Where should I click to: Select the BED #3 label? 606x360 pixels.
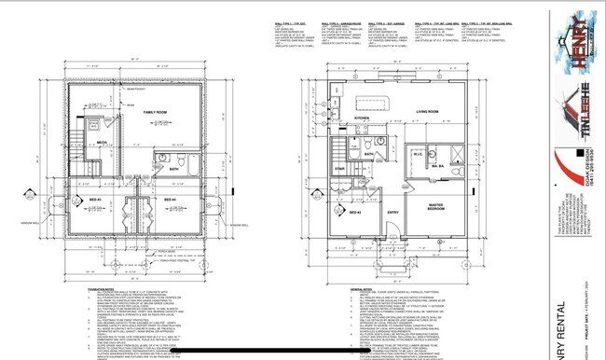[96, 199]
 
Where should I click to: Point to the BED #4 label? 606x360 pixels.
[171, 199]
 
